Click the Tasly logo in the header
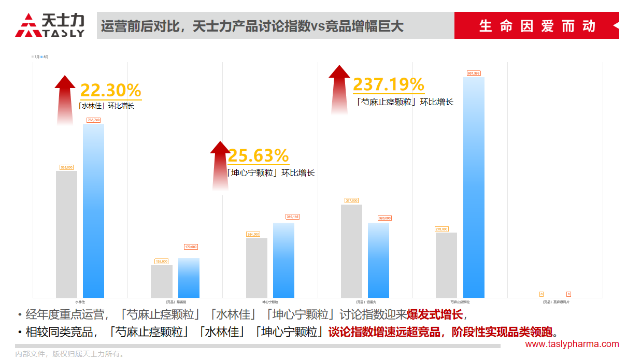click(50, 25)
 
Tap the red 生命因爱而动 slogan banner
click(536, 25)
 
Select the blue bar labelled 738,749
click(93, 210)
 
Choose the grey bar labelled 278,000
click(446, 265)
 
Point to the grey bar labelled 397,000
click(351, 251)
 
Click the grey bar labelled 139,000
click(162, 281)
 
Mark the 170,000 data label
click(191, 247)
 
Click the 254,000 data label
click(253, 234)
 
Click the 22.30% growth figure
click(110, 91)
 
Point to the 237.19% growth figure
click(388, 84)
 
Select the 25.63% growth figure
click(258, 155)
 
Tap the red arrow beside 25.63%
click(220, 165)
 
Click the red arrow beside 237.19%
click(339, 89)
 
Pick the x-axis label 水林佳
click(80, 301)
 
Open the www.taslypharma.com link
click(572, 344)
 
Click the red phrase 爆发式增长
click(434, 314)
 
